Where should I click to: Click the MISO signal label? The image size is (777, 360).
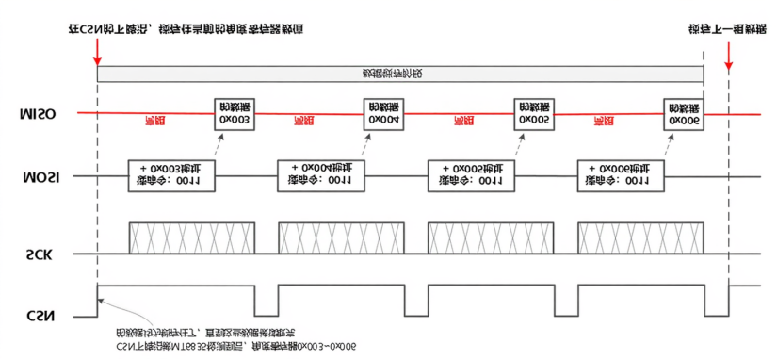coord(37,114)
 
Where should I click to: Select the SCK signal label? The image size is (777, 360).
coord(37,254)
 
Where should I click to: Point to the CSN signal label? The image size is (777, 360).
coord(37,315)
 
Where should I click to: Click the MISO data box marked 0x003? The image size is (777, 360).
coord(234,113)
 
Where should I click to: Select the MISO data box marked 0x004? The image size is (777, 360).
coord(383,113)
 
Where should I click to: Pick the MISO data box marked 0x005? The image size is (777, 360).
coord(533,113)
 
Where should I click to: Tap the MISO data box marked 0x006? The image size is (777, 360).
coord(683,113)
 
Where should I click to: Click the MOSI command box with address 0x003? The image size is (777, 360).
coord(171,175)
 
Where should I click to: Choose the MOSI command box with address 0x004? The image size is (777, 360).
coord(321,175)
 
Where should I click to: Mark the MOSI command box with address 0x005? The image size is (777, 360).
coord(471,175)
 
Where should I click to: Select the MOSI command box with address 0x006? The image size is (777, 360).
coord(621,175)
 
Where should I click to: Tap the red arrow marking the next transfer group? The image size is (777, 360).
coord(728,55)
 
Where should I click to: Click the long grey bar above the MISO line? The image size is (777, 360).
coord(400,74)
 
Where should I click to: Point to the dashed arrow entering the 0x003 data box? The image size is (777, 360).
coord(219,144)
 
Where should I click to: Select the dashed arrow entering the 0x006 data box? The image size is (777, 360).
coord(669,144)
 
